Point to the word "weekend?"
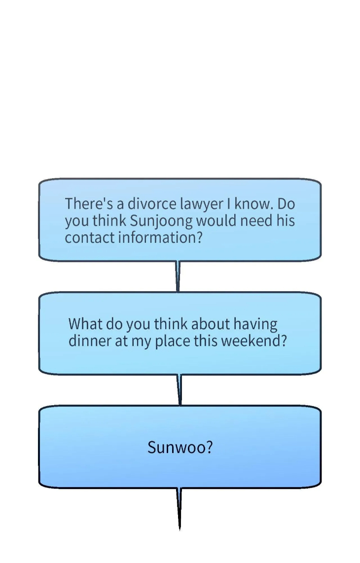254,340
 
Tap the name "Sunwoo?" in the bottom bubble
180,447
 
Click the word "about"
211,324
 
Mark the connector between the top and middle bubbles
178,276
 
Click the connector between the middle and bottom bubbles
180,390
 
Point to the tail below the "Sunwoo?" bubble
180,509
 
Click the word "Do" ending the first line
286,204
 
